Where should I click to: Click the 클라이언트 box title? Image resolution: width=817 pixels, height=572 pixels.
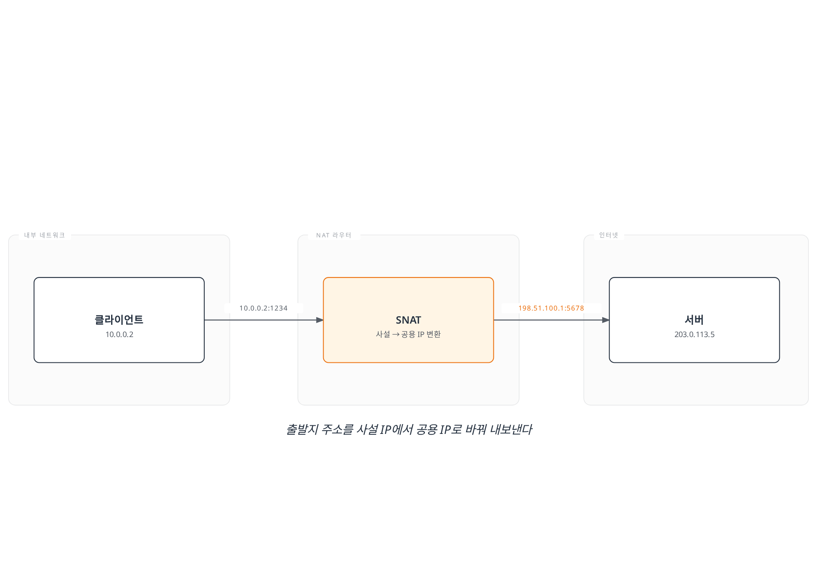119,320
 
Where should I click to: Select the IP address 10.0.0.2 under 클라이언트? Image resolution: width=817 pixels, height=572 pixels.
119,334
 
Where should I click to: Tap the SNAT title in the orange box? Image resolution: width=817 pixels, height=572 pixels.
408,320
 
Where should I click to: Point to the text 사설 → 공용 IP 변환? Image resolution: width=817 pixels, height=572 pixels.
408,334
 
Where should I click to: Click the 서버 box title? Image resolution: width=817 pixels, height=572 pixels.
694,320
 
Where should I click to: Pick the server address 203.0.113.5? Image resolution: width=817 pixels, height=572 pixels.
694,334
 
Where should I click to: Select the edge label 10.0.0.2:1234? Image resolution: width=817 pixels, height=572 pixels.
263,308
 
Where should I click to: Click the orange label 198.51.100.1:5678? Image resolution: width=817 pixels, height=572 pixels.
551,308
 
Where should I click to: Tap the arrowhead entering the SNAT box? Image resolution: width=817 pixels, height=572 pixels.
320,320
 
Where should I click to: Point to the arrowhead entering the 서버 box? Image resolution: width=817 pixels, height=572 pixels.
606,320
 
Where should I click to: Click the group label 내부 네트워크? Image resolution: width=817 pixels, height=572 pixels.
45,235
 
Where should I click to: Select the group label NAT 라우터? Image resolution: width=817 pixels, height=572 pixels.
334,235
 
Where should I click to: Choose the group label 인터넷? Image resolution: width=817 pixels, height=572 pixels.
609,235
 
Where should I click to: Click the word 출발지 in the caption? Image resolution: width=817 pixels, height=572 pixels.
302,429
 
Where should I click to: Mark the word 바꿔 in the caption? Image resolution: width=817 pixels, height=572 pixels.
476,429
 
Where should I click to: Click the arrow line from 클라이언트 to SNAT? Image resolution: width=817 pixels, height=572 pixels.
264,320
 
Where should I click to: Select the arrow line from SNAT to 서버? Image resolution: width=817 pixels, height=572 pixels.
551,320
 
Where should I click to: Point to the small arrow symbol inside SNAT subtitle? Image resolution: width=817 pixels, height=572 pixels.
396,335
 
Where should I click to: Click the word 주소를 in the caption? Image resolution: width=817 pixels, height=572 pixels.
337,429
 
